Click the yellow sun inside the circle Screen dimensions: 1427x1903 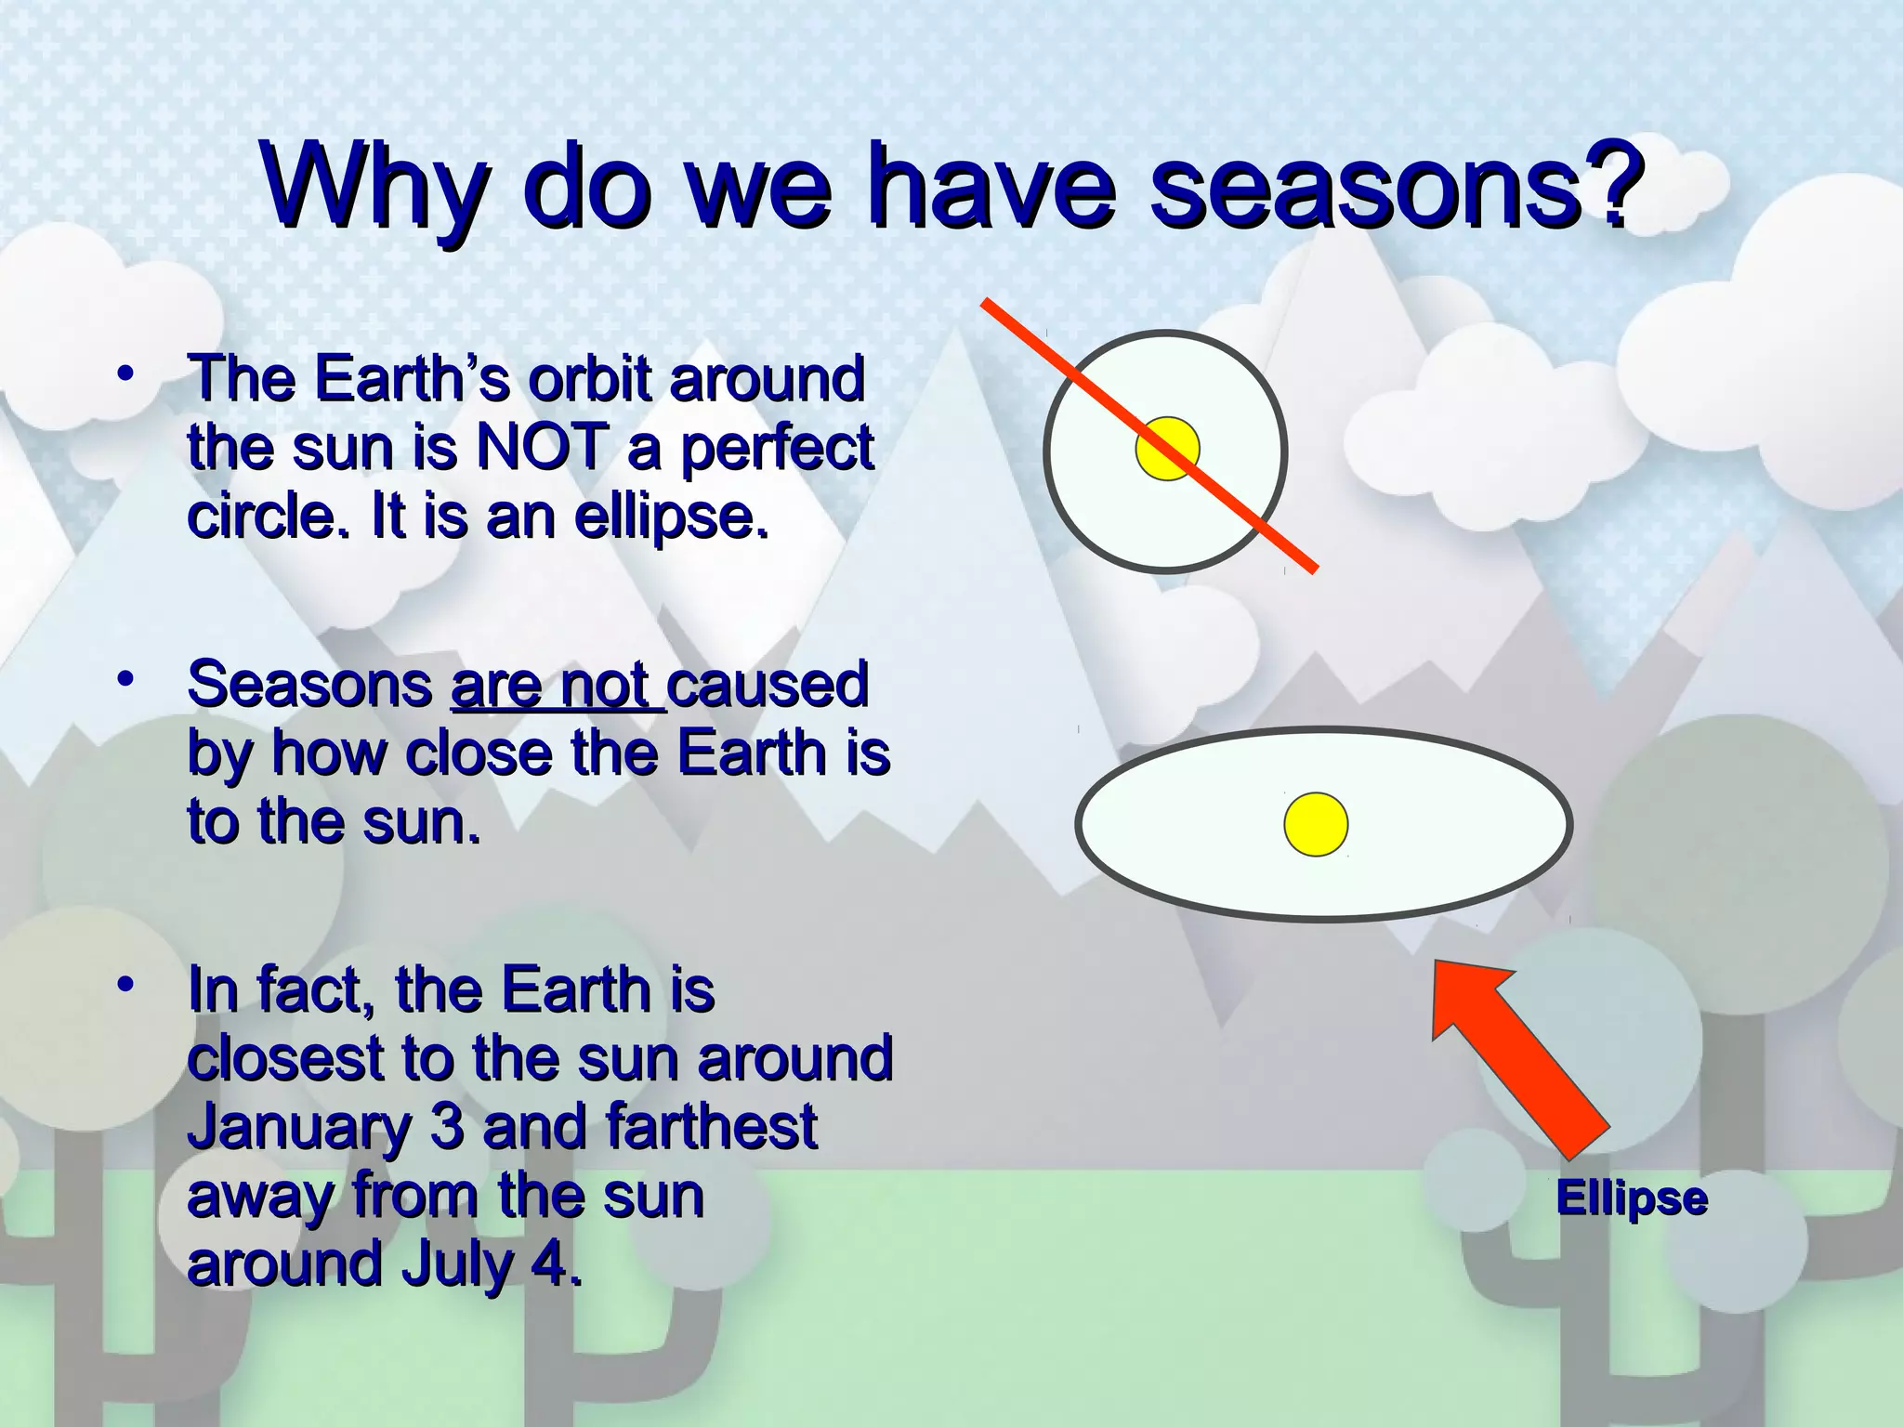[x=1168, y=450]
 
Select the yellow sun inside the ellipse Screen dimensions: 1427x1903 [x=1316, y=824]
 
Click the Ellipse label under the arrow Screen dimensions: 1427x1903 [x=1632, y=1198]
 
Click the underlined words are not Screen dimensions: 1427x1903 [x=558, y=686]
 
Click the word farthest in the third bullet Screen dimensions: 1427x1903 [x=711, y=1127]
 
